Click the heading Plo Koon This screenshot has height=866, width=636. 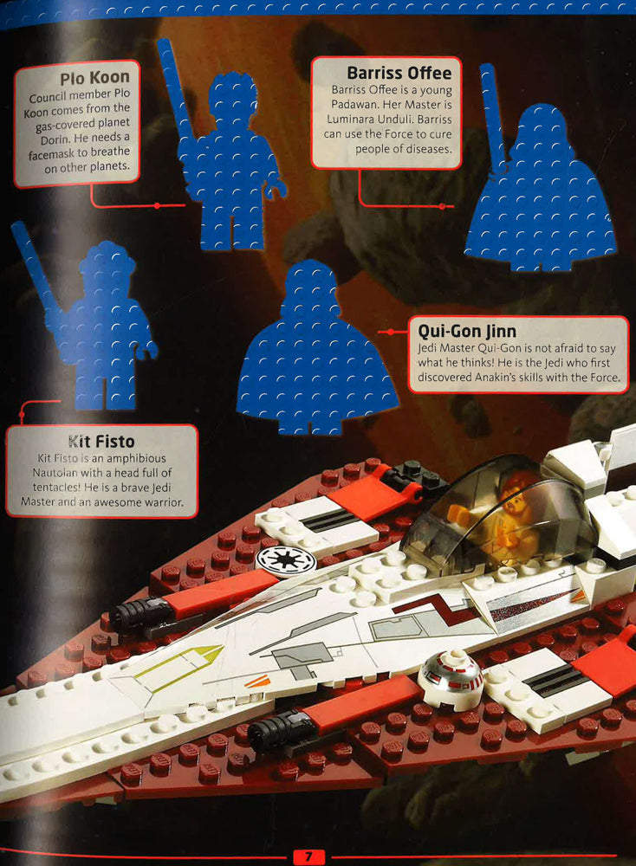tap(94, 78)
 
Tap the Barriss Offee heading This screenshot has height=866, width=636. tap(399, 73)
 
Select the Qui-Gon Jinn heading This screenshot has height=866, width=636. tap(467, 331)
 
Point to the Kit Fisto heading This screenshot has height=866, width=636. tap(101, 442)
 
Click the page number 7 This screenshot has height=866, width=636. tap(308, 856)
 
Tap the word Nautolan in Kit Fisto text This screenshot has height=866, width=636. tap(55, 473)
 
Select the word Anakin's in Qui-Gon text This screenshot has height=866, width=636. tap(499, 378)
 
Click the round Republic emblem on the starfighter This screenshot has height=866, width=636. tap(286, 560)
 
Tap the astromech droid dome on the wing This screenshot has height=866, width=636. tap(451, 677)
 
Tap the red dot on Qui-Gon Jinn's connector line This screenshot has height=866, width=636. tap(390, 332)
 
